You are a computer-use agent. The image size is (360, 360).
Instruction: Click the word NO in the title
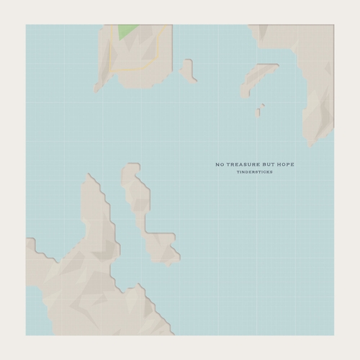pyautogui.click(x=220, y=165)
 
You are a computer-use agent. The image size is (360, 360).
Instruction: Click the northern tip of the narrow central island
pyautogui.click(x=132, y=166)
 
